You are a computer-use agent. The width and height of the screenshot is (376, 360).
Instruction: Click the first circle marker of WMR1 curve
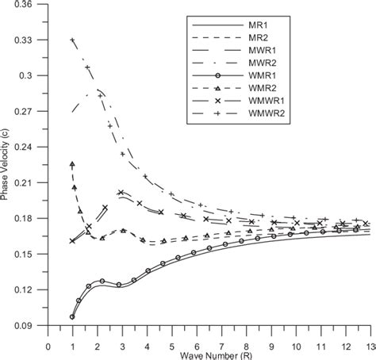[x=73, y=316]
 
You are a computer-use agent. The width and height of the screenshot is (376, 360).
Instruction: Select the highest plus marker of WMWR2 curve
[x=73, y=40]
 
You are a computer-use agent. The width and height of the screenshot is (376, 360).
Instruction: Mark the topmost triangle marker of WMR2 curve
[x=73, y=164]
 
